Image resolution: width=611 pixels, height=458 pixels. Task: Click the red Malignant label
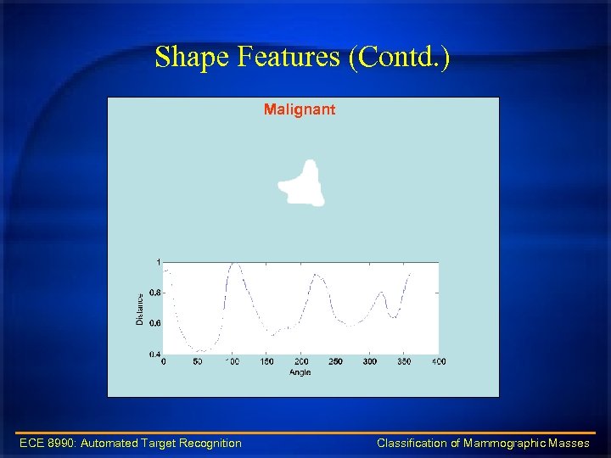(299, 109)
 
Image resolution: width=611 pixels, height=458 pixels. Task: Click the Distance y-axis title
(140, 309)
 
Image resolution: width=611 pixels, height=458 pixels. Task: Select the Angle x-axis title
(300, 371)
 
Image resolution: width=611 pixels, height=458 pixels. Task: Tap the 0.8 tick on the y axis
(154, 293)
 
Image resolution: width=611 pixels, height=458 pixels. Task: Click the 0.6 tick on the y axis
(154, 323)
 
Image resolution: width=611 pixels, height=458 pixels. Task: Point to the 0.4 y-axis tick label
(154, 354)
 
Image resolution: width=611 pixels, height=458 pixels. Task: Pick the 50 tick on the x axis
(198, 362)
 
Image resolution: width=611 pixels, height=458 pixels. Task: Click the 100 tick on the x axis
(232, 362)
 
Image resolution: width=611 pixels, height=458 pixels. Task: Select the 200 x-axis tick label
(300, 362)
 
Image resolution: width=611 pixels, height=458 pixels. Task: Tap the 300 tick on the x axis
(369, 362)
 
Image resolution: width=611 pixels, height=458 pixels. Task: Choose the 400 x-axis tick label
(438, 362)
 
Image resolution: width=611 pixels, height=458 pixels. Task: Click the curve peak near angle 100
(233, 264)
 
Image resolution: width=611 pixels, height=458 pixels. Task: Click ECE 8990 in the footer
(47, 443)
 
